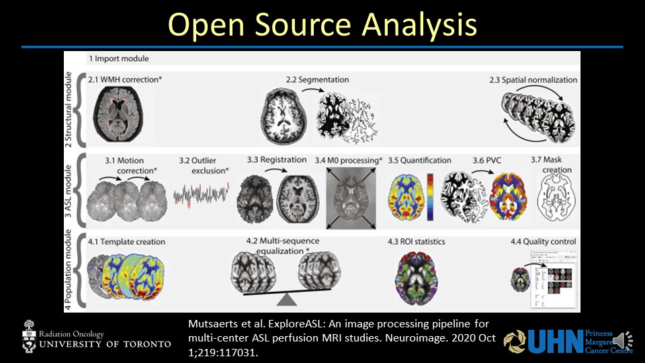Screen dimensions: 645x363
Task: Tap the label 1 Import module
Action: click(x=119, y=58)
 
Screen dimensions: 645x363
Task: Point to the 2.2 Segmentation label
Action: click(x=317, y=79)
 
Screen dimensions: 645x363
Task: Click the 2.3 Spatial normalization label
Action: click(x=533, y=79)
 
